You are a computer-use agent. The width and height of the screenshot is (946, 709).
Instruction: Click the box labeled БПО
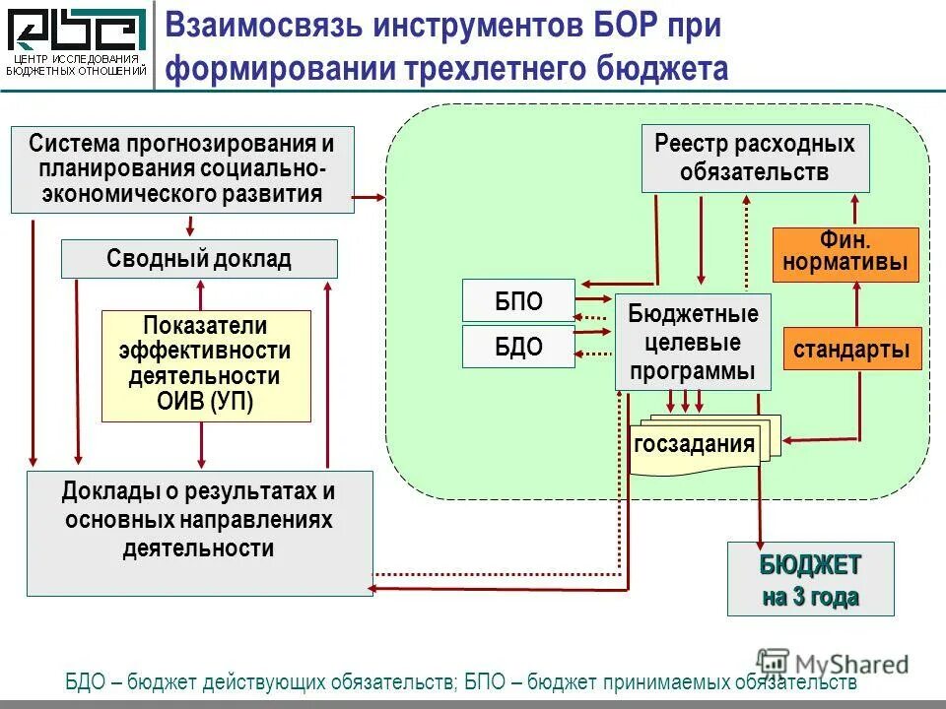(518, 300)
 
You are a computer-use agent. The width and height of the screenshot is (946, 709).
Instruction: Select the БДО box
(518, 348)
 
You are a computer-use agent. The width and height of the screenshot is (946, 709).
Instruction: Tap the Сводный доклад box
(199, 259)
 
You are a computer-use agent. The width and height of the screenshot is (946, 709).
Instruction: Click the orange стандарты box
(851, 349)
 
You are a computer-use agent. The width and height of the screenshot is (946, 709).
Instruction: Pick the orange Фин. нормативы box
(845, 255)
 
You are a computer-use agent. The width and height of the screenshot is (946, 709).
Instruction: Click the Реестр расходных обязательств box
(755, 158)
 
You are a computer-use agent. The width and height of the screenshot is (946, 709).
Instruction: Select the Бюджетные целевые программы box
(693, 342)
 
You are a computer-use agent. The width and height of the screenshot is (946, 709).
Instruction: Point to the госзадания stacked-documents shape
(698, 445)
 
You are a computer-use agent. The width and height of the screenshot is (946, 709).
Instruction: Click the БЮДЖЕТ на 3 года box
(810, 579)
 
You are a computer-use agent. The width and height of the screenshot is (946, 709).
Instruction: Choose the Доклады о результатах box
(199, 533)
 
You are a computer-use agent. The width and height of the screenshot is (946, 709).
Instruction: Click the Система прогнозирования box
(181, 169)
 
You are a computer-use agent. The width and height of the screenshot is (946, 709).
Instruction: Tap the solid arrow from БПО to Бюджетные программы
(594, 297)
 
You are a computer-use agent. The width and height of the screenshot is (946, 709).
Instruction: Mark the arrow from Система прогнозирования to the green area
(369, 198)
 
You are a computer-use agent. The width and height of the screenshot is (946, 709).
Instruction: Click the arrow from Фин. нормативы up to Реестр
(855, 210)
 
